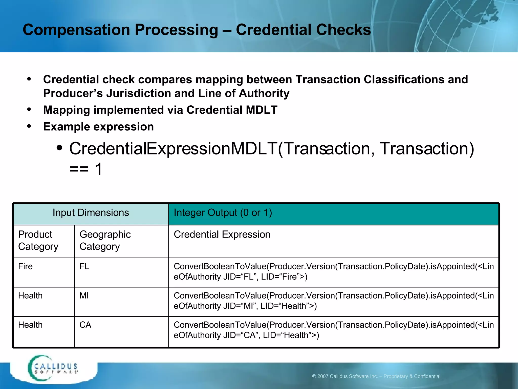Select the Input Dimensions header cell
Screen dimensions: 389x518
click(91, 213)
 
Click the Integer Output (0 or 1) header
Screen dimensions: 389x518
click(223, 213)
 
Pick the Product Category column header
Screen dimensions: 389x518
click(38, 240)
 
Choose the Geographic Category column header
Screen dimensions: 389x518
click(105, 240)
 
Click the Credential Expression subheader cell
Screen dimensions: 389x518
click(222, 235)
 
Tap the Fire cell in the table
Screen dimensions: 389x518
click(25, 266)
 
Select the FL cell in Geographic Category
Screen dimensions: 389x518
click(84, 266)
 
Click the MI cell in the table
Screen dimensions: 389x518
click(84, 296)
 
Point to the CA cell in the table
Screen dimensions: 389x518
click(85, 325)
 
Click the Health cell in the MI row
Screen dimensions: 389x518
click(30, 296)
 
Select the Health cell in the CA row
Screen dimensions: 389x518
click(30, 325)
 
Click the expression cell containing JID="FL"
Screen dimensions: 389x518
click(333, 271)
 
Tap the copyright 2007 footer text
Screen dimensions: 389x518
click(376, 376)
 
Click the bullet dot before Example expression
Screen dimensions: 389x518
click(29, 126)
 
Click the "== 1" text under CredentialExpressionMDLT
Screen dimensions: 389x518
click(86, 169)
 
